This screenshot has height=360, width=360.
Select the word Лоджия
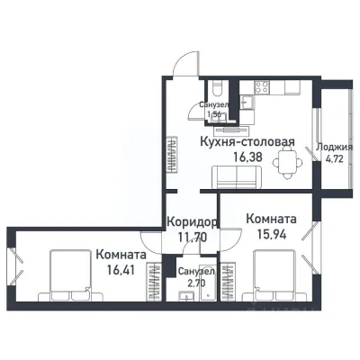point(337,148)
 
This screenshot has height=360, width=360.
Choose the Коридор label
point(192,223)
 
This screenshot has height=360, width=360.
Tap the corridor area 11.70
point(192,238)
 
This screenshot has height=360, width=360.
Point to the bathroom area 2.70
point(194,283)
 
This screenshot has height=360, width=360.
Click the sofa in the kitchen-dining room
point(238,180)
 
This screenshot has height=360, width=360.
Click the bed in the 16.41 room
point(67,274)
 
